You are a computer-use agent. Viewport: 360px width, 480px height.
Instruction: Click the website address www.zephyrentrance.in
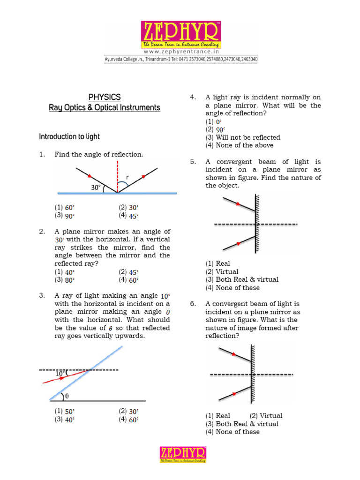click(x=180, y=52)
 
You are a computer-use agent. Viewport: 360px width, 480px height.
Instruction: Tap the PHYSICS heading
click(x=105, y=97)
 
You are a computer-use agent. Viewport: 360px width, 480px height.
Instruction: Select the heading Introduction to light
click(x=69, y=137)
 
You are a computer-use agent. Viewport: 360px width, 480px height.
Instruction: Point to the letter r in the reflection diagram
click(x=127, y=178)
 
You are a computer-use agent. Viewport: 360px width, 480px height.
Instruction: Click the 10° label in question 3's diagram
click(x=61, y=374)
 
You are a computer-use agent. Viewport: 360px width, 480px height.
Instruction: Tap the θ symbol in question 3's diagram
click(x=66, y=396)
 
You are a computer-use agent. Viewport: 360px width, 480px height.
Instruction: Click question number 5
click(x=193, y=162)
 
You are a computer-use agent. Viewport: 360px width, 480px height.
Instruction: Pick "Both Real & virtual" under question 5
click(x=242, y=279)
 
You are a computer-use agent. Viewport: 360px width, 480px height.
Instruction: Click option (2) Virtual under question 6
click(x=266, y=415)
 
